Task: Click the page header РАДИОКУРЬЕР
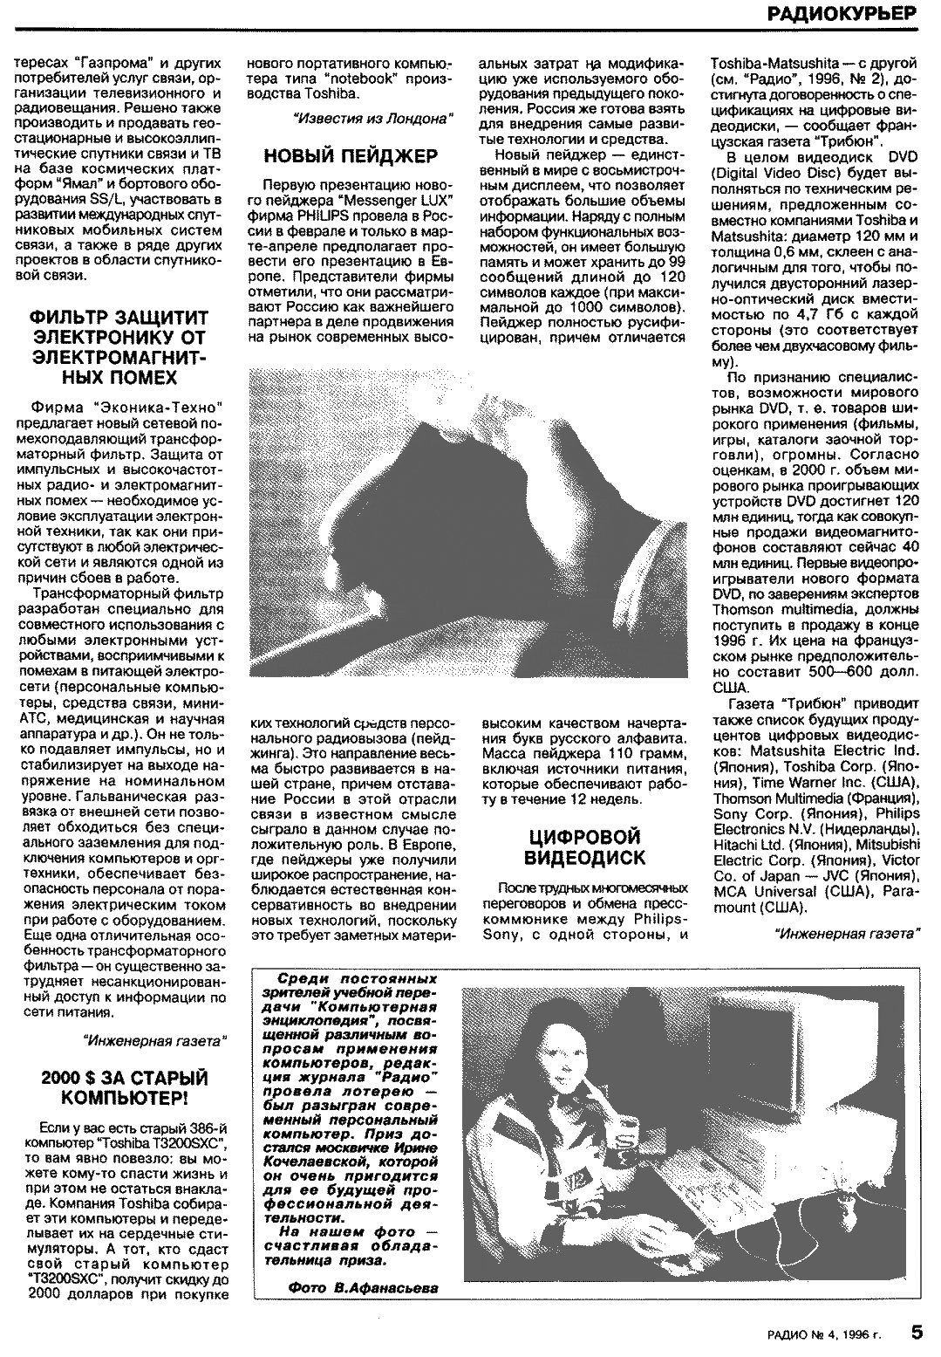click(843, 13)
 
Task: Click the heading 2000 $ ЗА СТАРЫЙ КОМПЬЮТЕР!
click(126, 1086)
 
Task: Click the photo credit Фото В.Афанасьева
click(362, 1287)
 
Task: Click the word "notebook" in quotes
click(368, 78)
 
